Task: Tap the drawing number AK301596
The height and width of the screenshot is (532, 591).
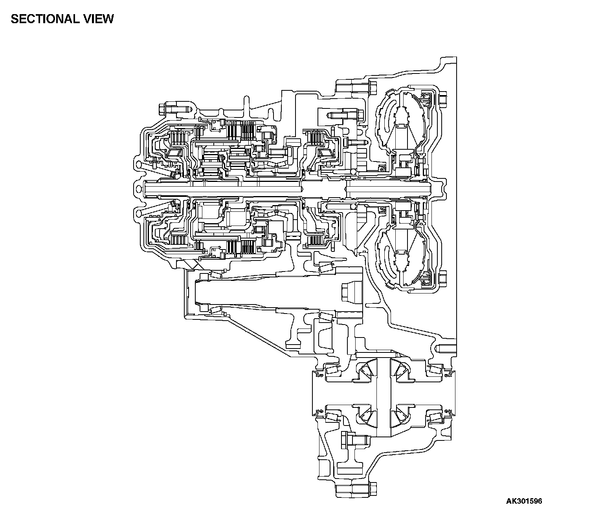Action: pyautogui.click(x=524, y=501)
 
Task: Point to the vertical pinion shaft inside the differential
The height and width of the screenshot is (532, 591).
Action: pyautogui.click(x=383, y=397)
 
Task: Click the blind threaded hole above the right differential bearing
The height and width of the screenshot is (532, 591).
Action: pyautogui.click(x=446, y=348)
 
